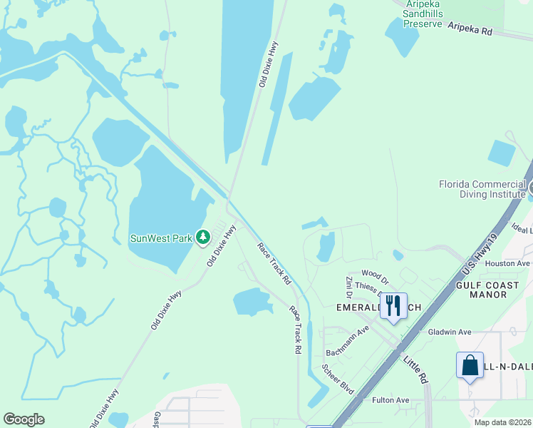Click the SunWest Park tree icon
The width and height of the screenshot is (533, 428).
(203, 237)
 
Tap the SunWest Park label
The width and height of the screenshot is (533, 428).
(161, 238)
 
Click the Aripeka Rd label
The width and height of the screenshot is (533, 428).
(470, 29)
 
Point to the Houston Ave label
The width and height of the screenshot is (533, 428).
(507, 263)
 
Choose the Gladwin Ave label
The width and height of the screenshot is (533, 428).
(450, 332)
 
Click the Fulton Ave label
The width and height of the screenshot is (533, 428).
(391, 400)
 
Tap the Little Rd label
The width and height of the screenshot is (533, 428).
(415, 369)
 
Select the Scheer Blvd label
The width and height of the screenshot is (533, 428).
(337, 379)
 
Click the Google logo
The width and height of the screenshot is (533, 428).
(24, 419)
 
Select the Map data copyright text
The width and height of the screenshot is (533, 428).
(503, 422)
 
